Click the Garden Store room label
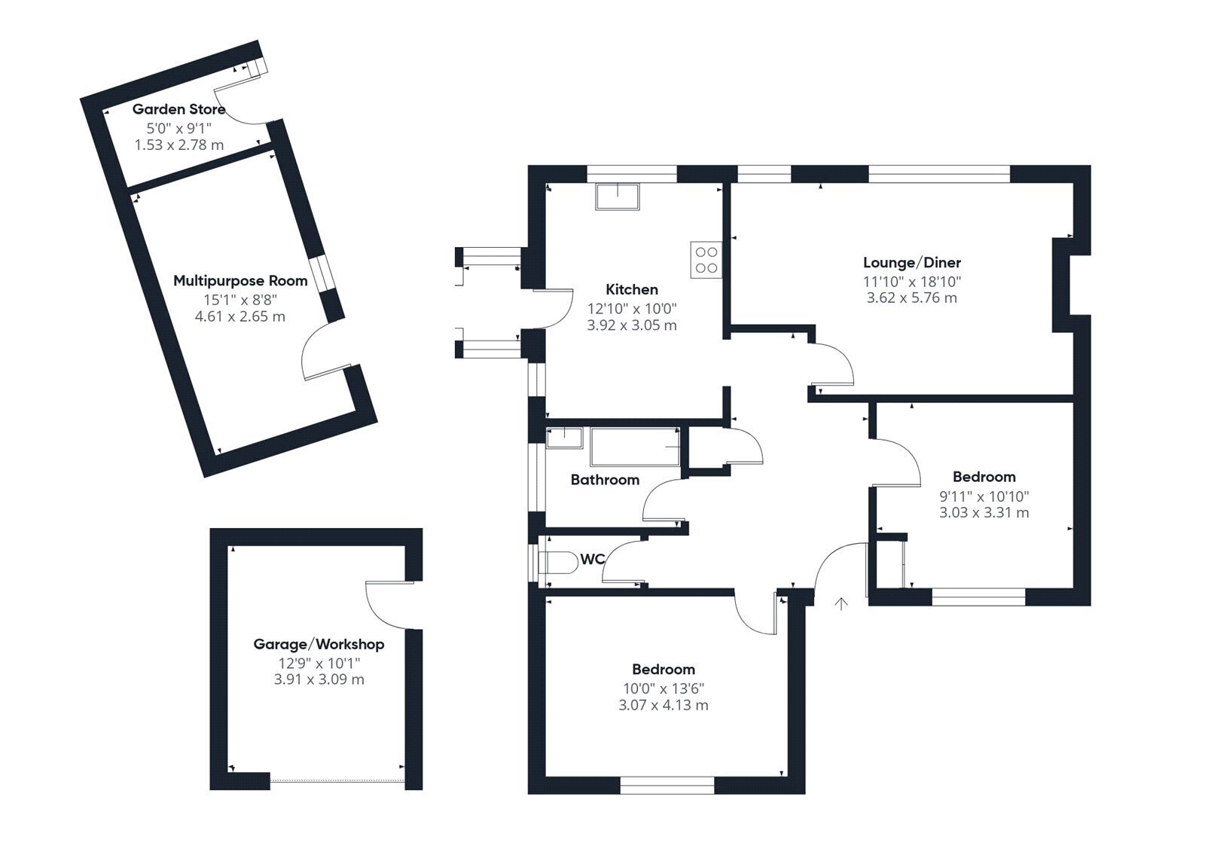click(x=178, y=109)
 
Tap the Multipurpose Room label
click(x=240, y=281)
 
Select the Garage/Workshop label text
click(x=319, y=644)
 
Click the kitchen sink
click(x=618, y=197)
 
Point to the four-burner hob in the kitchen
click(x=706, y=259)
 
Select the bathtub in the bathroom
click(x=636, y=447)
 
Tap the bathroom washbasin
click(x=564, y=438)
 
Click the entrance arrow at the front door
click(x=840, y=604)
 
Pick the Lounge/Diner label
click(x=912, y=263)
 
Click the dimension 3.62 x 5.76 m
click(x=912, y=298)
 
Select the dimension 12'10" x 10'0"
click(x=632, y=309)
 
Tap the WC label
click(x=592, y=560)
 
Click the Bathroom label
click(x=606, y=480)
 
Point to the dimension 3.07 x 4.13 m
click(x=664, y=705)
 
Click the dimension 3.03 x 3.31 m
click(x=984, y=512)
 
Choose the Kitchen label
click(x=632, y=289)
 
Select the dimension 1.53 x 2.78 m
click(x=178, y=145)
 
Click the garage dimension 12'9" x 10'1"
click(x=319, y=663)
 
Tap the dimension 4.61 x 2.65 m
click(x=240, y=316)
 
